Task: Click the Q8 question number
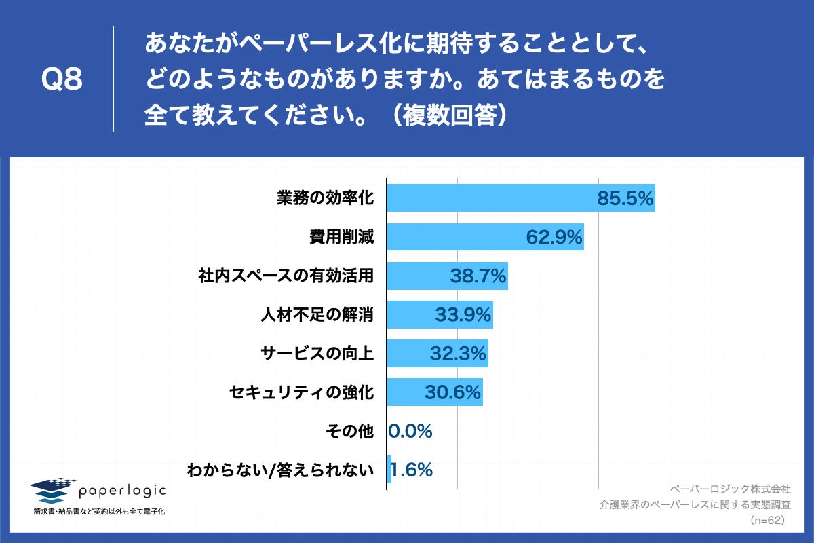tap(62, 80)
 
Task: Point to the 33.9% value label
tap(463, 314)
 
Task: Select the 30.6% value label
tap(452, 392)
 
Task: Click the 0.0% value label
tap(410, 430)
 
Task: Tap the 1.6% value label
tap(412, 469)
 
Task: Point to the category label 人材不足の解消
tap(317, 314)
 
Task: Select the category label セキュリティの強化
tap(302, 392)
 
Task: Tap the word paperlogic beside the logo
tap(122, 490)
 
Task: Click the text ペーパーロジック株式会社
tap(729, 489)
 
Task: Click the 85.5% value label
tap(625, 198)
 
